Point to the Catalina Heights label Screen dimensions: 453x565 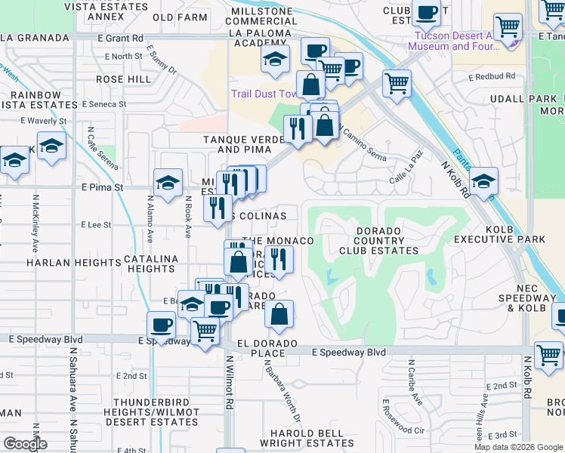click(151, 263)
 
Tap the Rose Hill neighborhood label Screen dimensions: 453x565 click(122, 79)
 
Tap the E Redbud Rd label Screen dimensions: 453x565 click(491, 76)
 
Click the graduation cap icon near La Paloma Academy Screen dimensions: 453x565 click(276, 59)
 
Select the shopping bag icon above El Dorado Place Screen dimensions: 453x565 click(279, 314)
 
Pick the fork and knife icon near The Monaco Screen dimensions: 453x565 click(279, 260)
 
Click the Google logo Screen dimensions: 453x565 click(25, 444)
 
